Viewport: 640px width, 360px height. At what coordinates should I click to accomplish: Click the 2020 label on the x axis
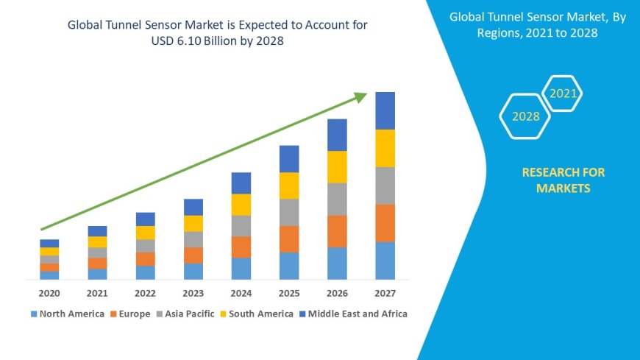[49, 293]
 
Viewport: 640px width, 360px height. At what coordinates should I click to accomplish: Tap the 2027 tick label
[385, 293]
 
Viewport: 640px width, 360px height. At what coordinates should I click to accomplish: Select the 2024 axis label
[241, 293]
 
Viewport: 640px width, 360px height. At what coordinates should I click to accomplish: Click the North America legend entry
[67, 314]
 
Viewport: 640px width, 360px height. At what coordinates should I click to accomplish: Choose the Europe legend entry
[130, 314]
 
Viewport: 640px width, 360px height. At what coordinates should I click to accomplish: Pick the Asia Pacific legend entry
[185, 314]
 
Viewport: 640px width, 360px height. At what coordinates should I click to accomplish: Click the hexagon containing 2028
[525, 116]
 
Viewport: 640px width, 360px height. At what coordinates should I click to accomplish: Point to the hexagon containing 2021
[563, 93]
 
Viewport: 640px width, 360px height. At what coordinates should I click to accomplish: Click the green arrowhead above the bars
[360, 97]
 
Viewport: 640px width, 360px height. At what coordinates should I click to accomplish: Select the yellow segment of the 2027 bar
[385, 148]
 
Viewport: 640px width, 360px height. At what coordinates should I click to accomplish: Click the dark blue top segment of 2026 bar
[337, 135]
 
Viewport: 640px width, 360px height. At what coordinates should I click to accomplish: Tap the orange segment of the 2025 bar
[289, 239]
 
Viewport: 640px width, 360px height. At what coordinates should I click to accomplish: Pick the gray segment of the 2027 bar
[385, 186]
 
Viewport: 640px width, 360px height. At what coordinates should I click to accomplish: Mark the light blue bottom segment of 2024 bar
[241, 269]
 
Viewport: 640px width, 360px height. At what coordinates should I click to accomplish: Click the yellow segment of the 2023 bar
[193, 223]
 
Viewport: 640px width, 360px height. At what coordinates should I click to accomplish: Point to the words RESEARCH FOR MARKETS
[563, 180]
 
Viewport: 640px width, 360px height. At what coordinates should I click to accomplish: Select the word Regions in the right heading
[506, 32]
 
